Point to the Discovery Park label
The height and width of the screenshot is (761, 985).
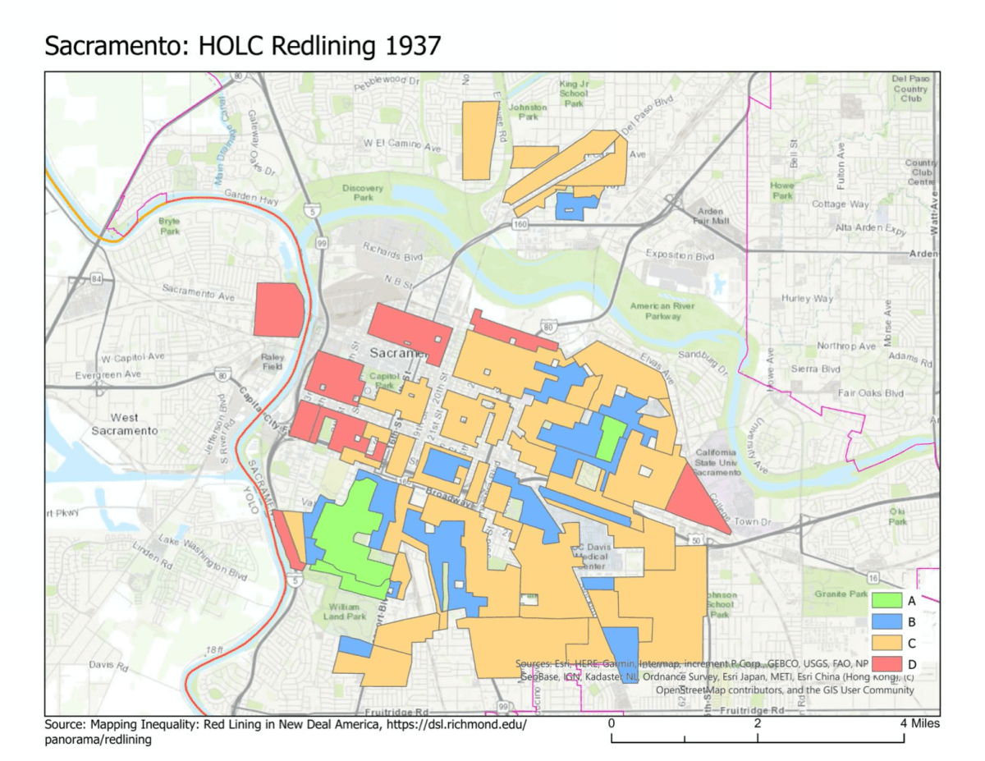pos(363,193)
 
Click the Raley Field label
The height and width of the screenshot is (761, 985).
pos(272,362)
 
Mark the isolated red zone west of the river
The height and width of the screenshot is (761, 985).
pos(278,309)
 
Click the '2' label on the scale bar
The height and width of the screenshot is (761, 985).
pos(757,723)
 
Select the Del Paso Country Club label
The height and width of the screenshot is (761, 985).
pos(910,88)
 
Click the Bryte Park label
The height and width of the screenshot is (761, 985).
pos(169,227)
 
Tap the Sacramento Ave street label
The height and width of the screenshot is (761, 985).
pos(199,292)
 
